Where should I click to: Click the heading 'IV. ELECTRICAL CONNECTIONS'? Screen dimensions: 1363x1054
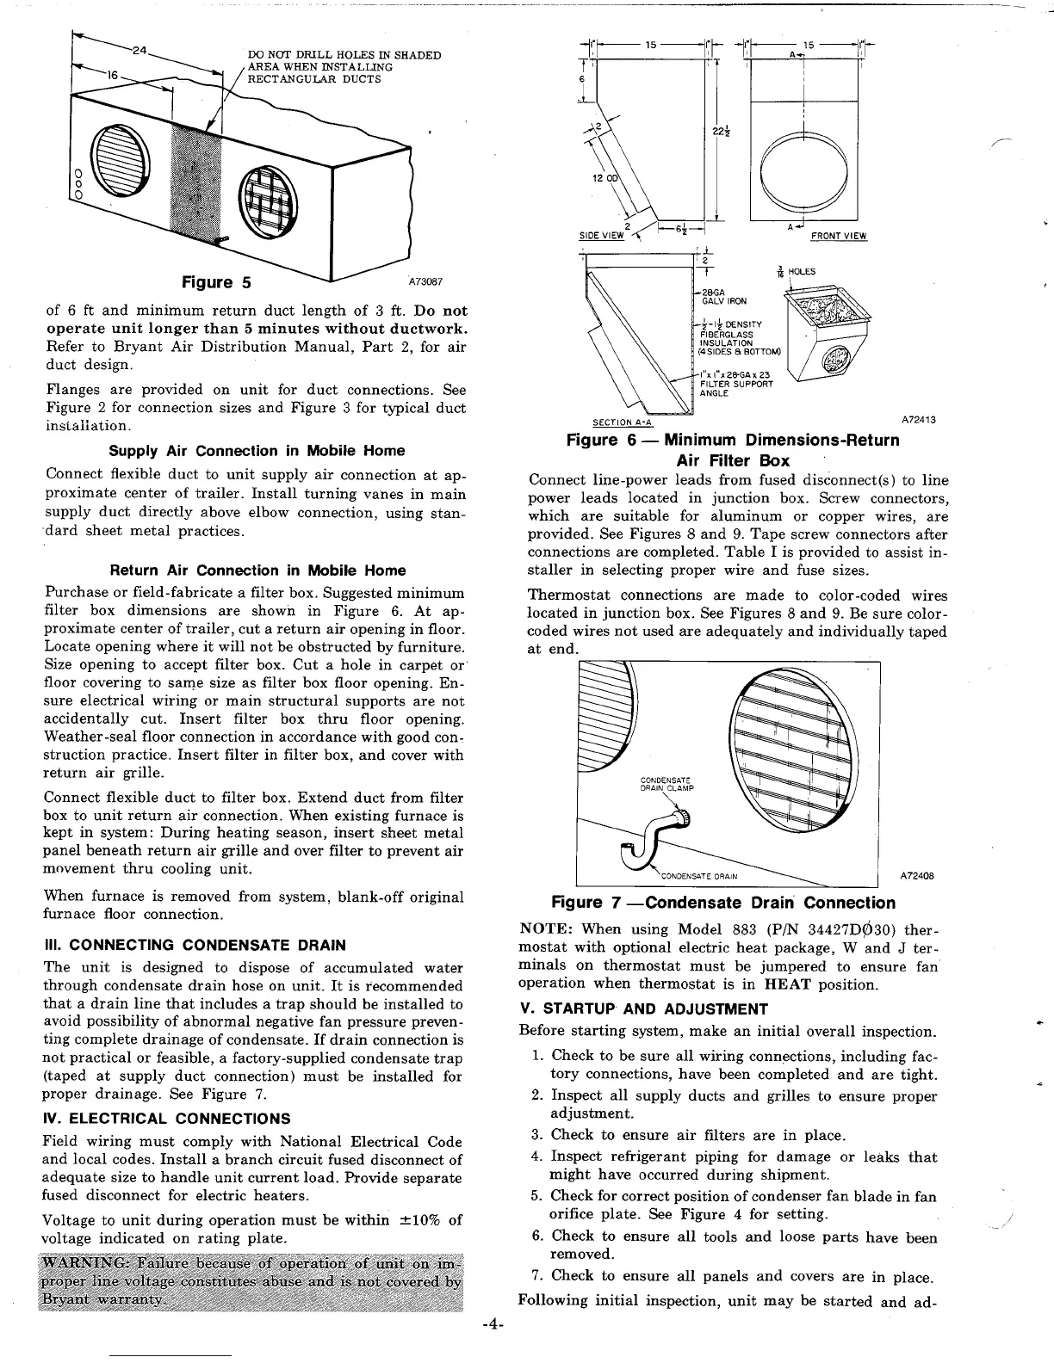(166, 1119)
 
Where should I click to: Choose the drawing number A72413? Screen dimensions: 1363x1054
(919, 420)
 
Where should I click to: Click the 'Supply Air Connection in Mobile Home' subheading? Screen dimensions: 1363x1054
(257, 451)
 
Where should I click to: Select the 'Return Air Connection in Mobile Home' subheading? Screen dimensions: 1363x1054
(257, 570)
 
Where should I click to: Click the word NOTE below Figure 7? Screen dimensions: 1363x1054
(547, 929)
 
